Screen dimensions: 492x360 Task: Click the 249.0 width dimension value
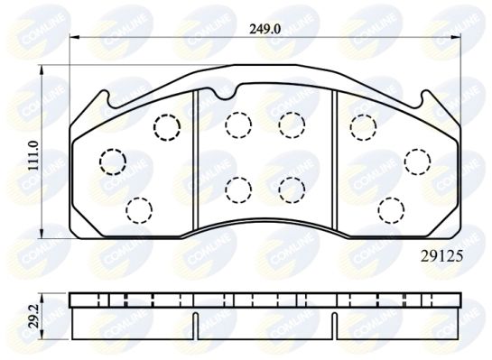(265, 29)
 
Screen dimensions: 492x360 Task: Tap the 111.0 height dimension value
(33, 156)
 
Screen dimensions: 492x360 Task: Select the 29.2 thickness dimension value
(33, 316)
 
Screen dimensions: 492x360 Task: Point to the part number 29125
(441, 257)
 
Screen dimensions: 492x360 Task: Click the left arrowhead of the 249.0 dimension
(73, 37)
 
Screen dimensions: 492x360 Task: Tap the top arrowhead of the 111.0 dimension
(42, 69)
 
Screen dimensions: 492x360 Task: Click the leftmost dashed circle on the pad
(113, 162)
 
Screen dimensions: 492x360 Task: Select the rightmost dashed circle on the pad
(418, 162)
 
